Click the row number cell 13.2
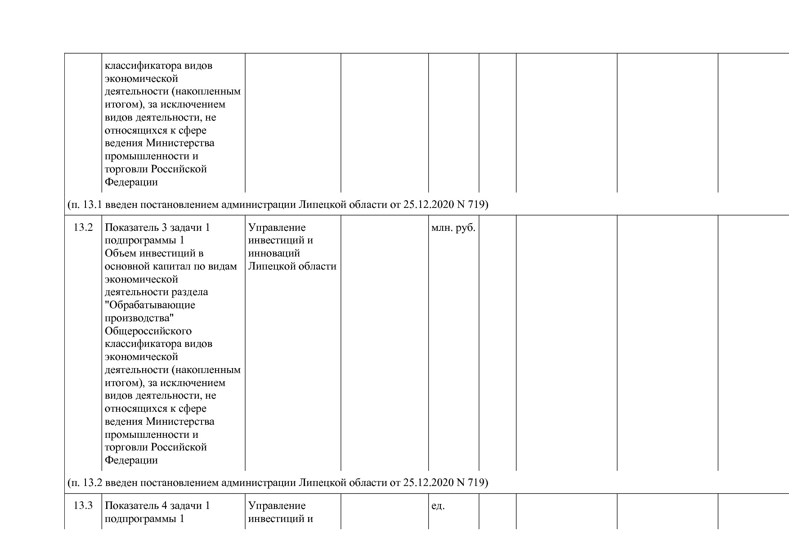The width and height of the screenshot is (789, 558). [83, 228]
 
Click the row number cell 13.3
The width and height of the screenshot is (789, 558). [83, 506]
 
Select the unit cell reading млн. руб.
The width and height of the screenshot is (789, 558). [453, 228]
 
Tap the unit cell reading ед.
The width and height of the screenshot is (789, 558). [438, 506]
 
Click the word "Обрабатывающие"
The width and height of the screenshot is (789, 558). [150, 306]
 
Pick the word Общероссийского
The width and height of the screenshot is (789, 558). [148, 331]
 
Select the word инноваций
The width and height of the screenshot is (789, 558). [274, 253]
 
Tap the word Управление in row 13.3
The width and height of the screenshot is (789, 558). [277, 506]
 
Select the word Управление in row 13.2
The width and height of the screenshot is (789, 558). [277, 228]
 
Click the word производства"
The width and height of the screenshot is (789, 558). [139, 318]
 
